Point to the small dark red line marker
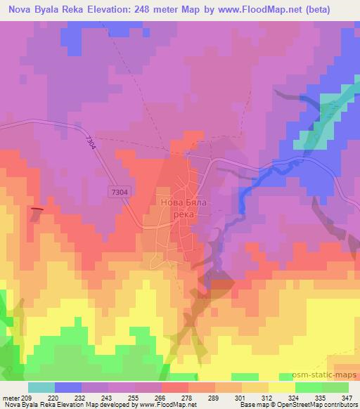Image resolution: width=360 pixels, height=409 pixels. coord(38,209)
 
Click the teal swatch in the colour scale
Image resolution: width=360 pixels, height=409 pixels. coord(41,387)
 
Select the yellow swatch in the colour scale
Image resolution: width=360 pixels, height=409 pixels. coord(282,387)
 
